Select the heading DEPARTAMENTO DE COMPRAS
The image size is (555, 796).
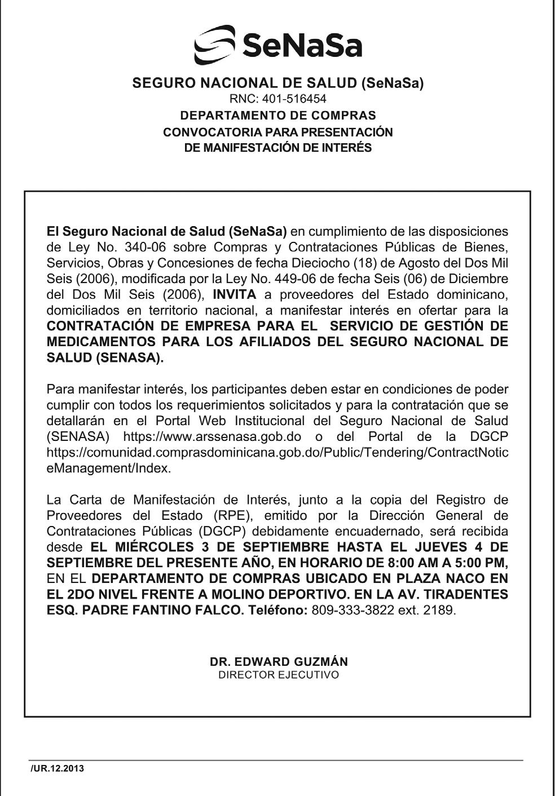point(277,116)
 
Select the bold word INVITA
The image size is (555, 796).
point(234,294)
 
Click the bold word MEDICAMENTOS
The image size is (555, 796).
point(100,342)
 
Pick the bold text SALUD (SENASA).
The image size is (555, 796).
point(105,357)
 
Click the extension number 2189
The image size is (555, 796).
point(440,610)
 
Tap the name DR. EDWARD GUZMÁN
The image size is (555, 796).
point(279,662)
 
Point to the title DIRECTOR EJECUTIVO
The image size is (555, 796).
point(279,675)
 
